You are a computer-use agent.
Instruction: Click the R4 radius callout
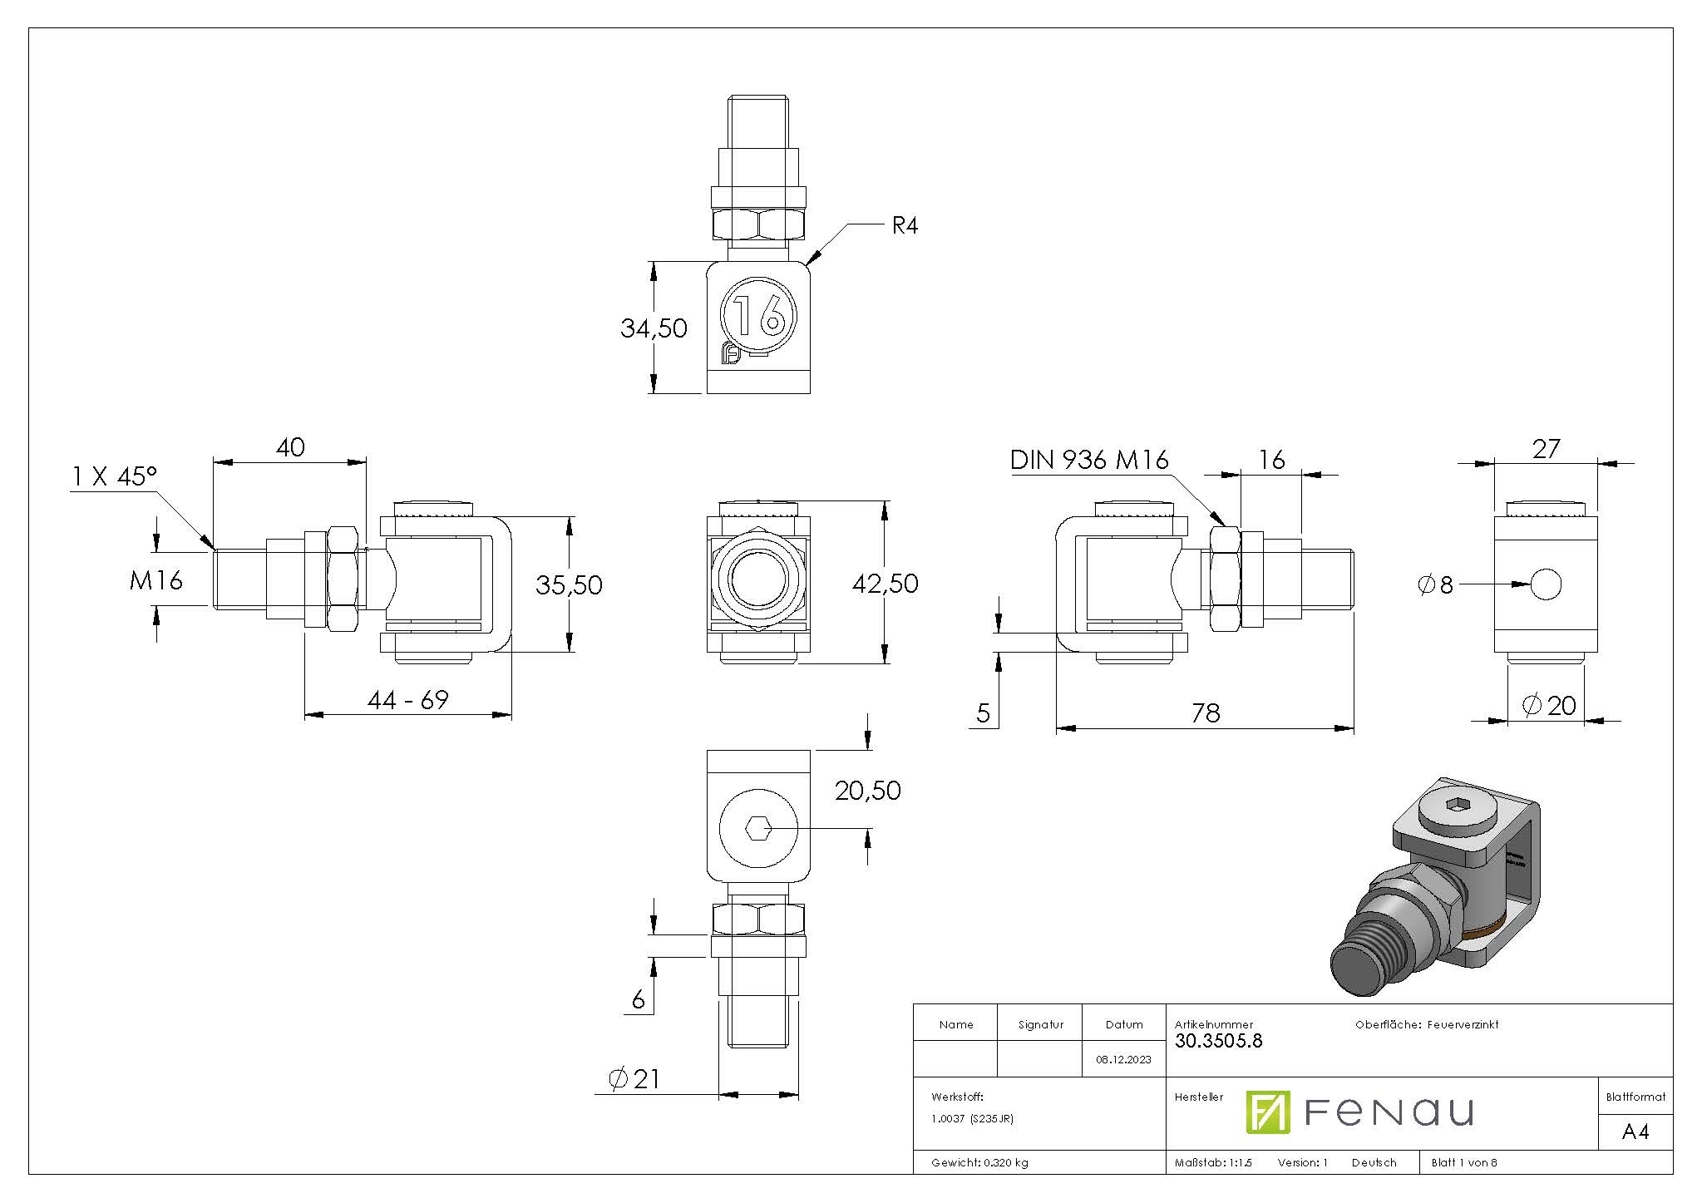point(904,225)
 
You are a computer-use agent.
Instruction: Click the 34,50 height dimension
point(654,328)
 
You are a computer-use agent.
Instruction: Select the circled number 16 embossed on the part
point(759,315)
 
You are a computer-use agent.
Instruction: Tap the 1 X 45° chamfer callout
point(115,476)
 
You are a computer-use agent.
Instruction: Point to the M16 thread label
point(155,580)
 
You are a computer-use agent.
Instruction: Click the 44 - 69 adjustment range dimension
point(407,700)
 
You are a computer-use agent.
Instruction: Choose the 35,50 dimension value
point(569,585)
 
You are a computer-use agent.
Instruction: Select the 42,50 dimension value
point(885,584)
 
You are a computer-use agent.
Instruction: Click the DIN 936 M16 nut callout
point(1088,460)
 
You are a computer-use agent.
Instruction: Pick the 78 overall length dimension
point(1205,713)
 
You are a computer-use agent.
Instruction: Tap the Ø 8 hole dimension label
point(1435,585)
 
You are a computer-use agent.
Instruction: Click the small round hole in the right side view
point(1545,584)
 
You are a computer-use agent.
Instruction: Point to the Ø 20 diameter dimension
point(1549,706)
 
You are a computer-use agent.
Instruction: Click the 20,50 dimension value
point(867,791)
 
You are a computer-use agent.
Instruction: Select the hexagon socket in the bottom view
point(757,828)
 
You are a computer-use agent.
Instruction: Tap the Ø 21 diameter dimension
point(634,1079)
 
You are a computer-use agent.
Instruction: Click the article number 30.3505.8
point(1218,1041)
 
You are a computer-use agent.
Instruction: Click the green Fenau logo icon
point(1267,1112)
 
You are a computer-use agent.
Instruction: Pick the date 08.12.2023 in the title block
point(1123,1059)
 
